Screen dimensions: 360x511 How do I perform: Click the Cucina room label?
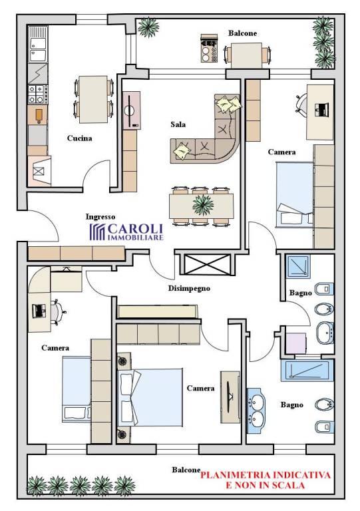pos(79,138)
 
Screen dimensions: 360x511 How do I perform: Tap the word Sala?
pos(178,124)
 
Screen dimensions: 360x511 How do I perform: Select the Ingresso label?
pos(100,217)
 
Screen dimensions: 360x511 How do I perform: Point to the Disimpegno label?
pos(189,288)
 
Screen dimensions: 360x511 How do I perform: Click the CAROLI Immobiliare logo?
pos(126,232)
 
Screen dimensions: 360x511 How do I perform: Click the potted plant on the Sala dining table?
pos(203,206)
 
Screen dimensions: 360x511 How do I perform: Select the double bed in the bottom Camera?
pos(150,397)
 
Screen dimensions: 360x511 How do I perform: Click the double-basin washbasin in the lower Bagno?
pos(256,411)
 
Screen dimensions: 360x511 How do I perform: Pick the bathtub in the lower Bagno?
pos(307,371)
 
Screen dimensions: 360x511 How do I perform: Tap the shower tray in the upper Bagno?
pos(298,266)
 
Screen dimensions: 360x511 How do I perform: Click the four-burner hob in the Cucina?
pos(38,94)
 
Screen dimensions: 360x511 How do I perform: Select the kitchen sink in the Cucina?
pos(38,45)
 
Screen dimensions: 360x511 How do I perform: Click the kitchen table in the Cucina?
pos(94,99)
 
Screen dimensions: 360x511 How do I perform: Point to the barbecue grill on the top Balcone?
pos(209,48)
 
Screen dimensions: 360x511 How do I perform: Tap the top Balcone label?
pos(242,33)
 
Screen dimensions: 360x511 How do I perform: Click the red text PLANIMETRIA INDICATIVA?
pos(266,475)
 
